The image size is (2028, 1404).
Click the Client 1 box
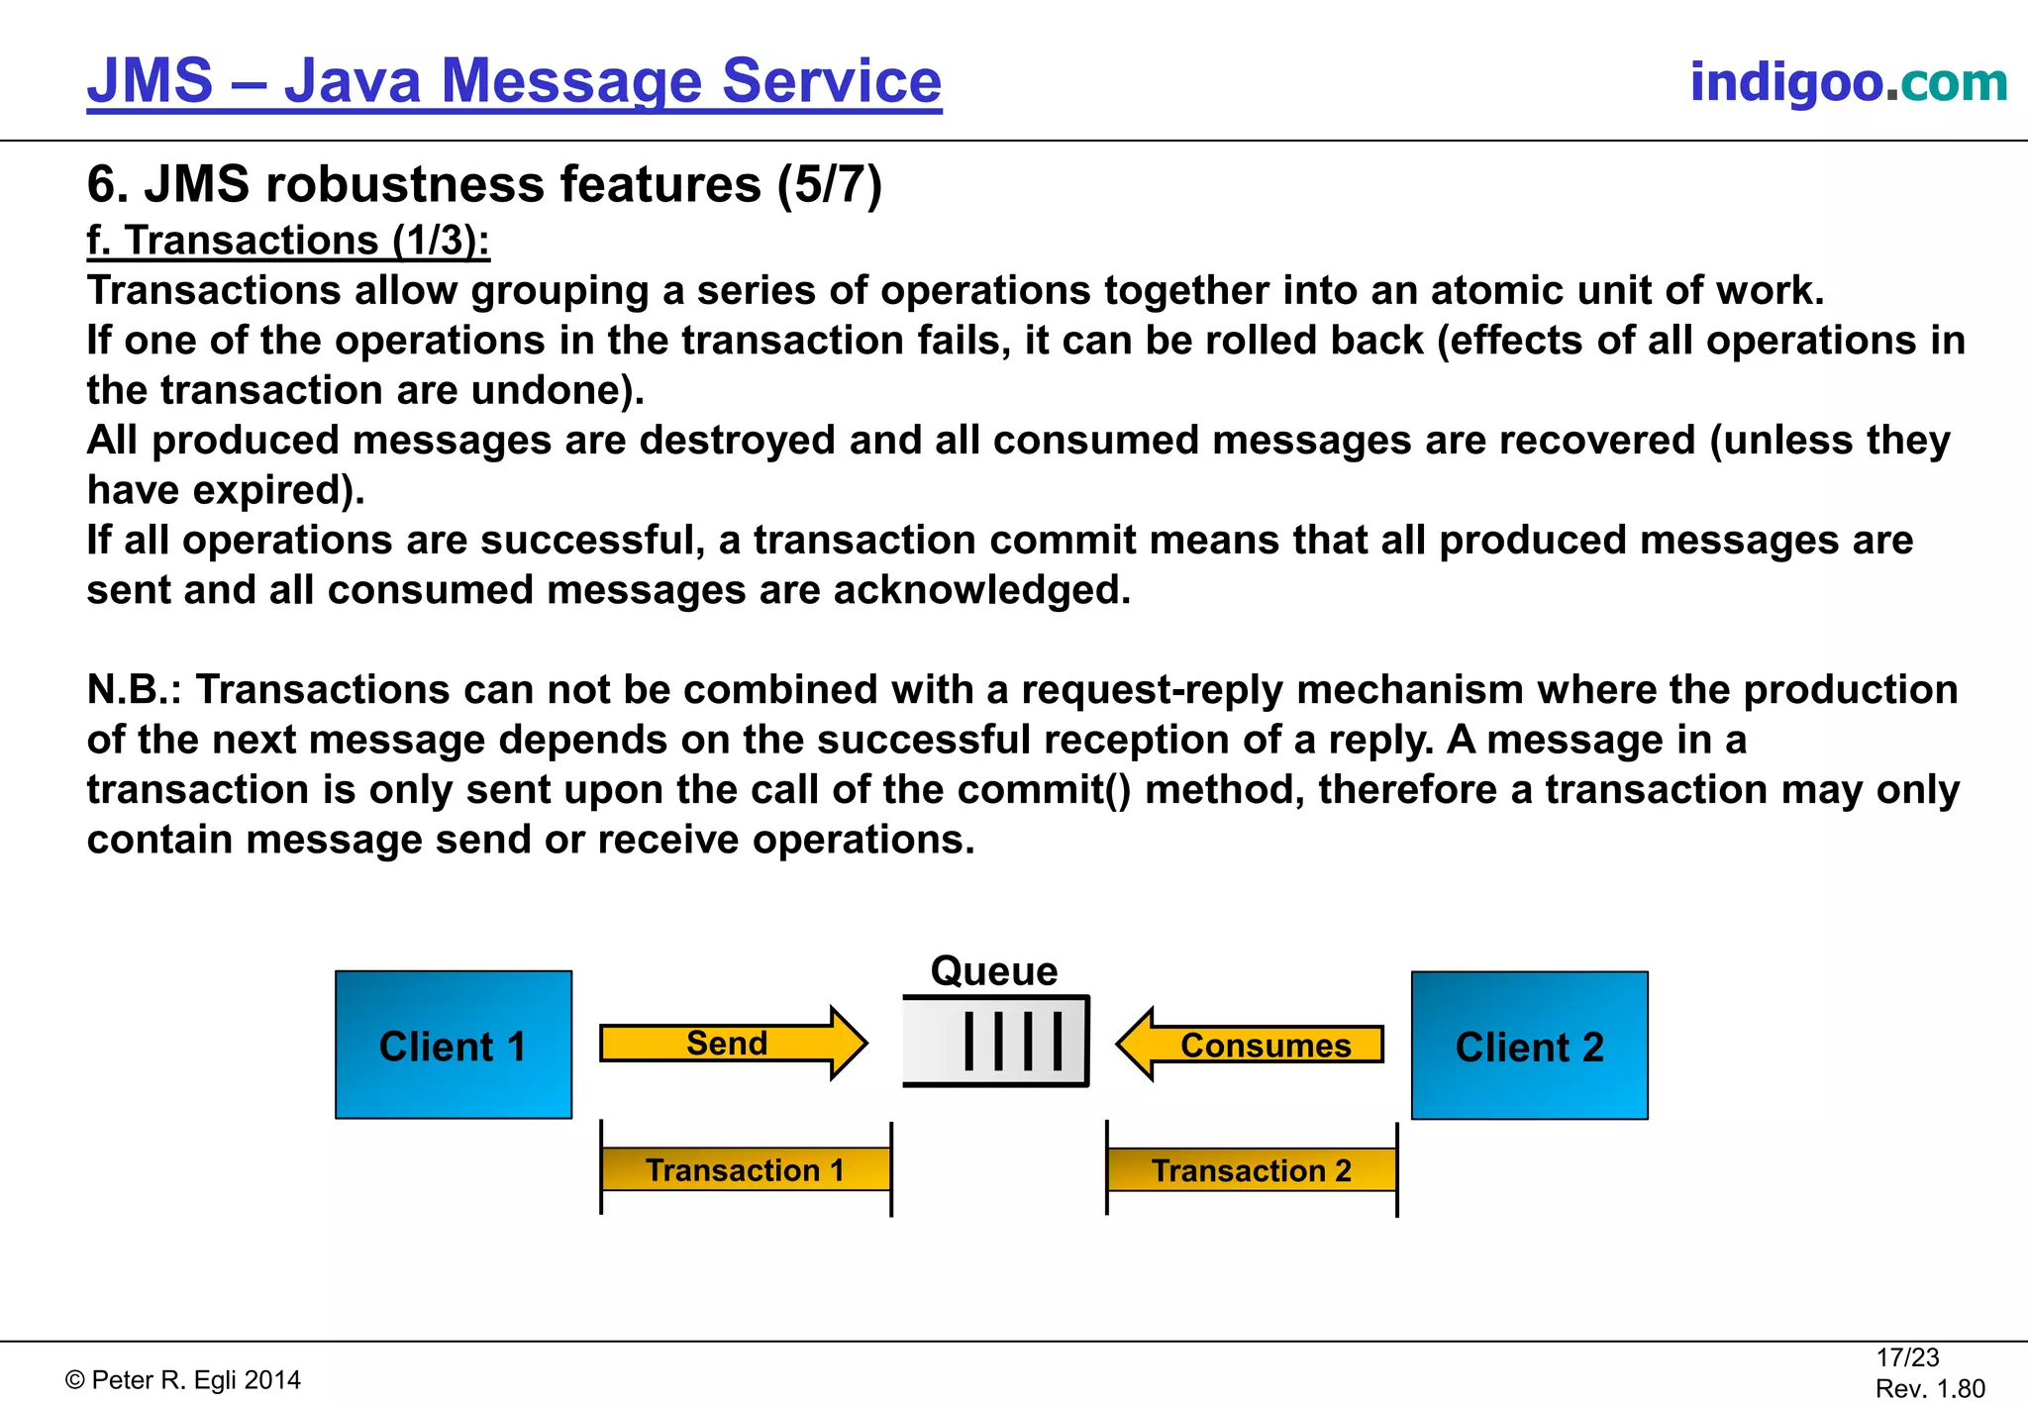[x=454, y=1045]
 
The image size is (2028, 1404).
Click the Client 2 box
[x=1529, y=1046]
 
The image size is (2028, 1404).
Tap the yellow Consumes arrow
[x=1252, y=1045]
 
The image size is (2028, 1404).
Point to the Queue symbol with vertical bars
[x=996, y=1042]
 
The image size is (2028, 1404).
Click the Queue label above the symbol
[x=994, y=971]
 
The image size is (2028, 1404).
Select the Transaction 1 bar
[x=746, y=1170]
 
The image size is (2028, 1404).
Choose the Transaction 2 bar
[x=1252, y=1170]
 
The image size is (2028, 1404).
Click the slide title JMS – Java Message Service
[x=514, y=81]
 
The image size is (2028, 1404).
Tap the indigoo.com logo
[x=1848, y=82]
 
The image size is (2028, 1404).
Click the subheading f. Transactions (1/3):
[x=288, y=241]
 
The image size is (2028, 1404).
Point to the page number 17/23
[x=1907, y=1357]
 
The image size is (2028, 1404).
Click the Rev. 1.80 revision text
[x=1930, y=1388]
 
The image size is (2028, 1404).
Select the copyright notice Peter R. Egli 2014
[x=183, y=1380]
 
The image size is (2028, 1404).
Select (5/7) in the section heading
[x=829, y=185]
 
